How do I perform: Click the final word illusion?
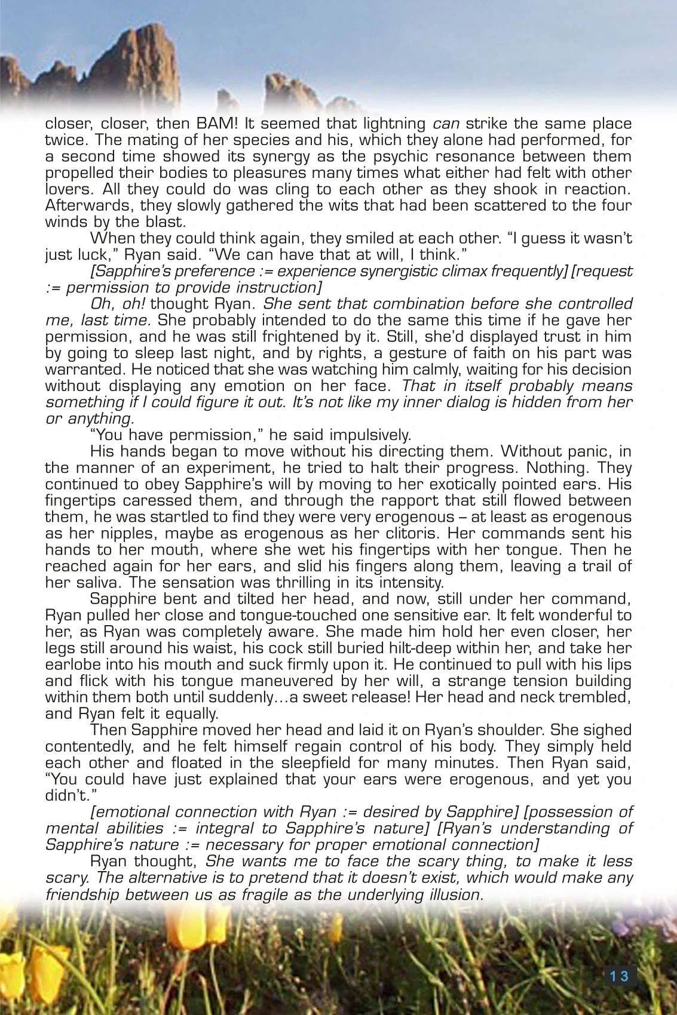(x=452, y=894)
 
